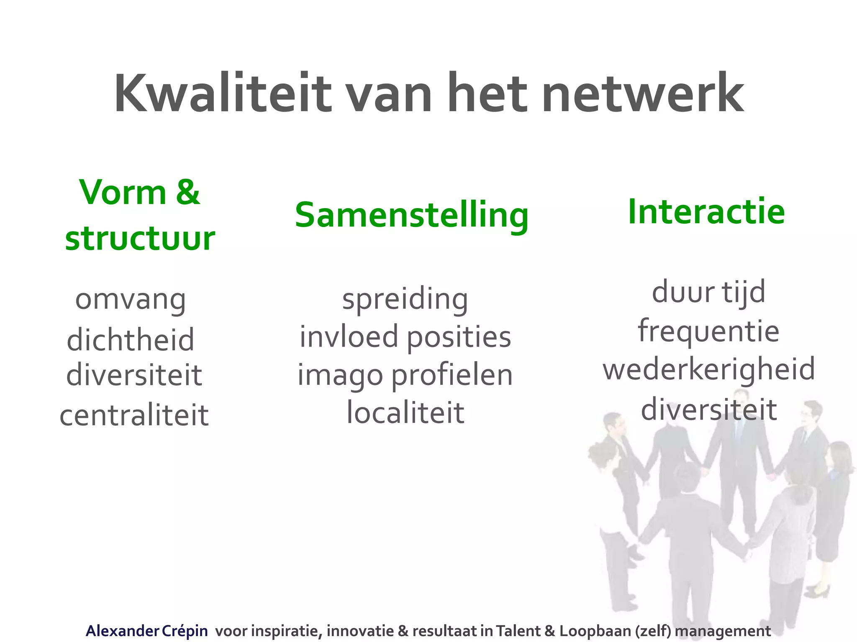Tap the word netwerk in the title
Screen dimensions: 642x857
pos(643,94)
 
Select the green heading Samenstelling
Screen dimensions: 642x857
pos(412,216)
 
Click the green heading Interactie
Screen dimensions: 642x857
pos(706,212)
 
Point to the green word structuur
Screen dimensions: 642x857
pos(140,239)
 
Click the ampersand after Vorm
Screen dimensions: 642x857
pos(188,192)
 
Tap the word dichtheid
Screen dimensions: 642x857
pos(131,339)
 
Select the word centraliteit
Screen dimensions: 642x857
pos(134,415)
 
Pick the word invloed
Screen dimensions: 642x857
pos(349,337)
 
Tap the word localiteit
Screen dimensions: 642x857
pos(405,413)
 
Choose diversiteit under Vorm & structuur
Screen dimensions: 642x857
pos(134,375)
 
